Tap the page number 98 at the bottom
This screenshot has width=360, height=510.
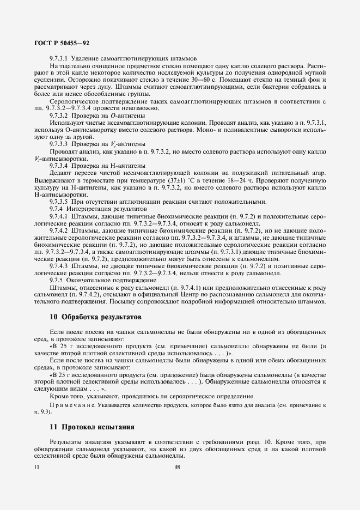(177, 467)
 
